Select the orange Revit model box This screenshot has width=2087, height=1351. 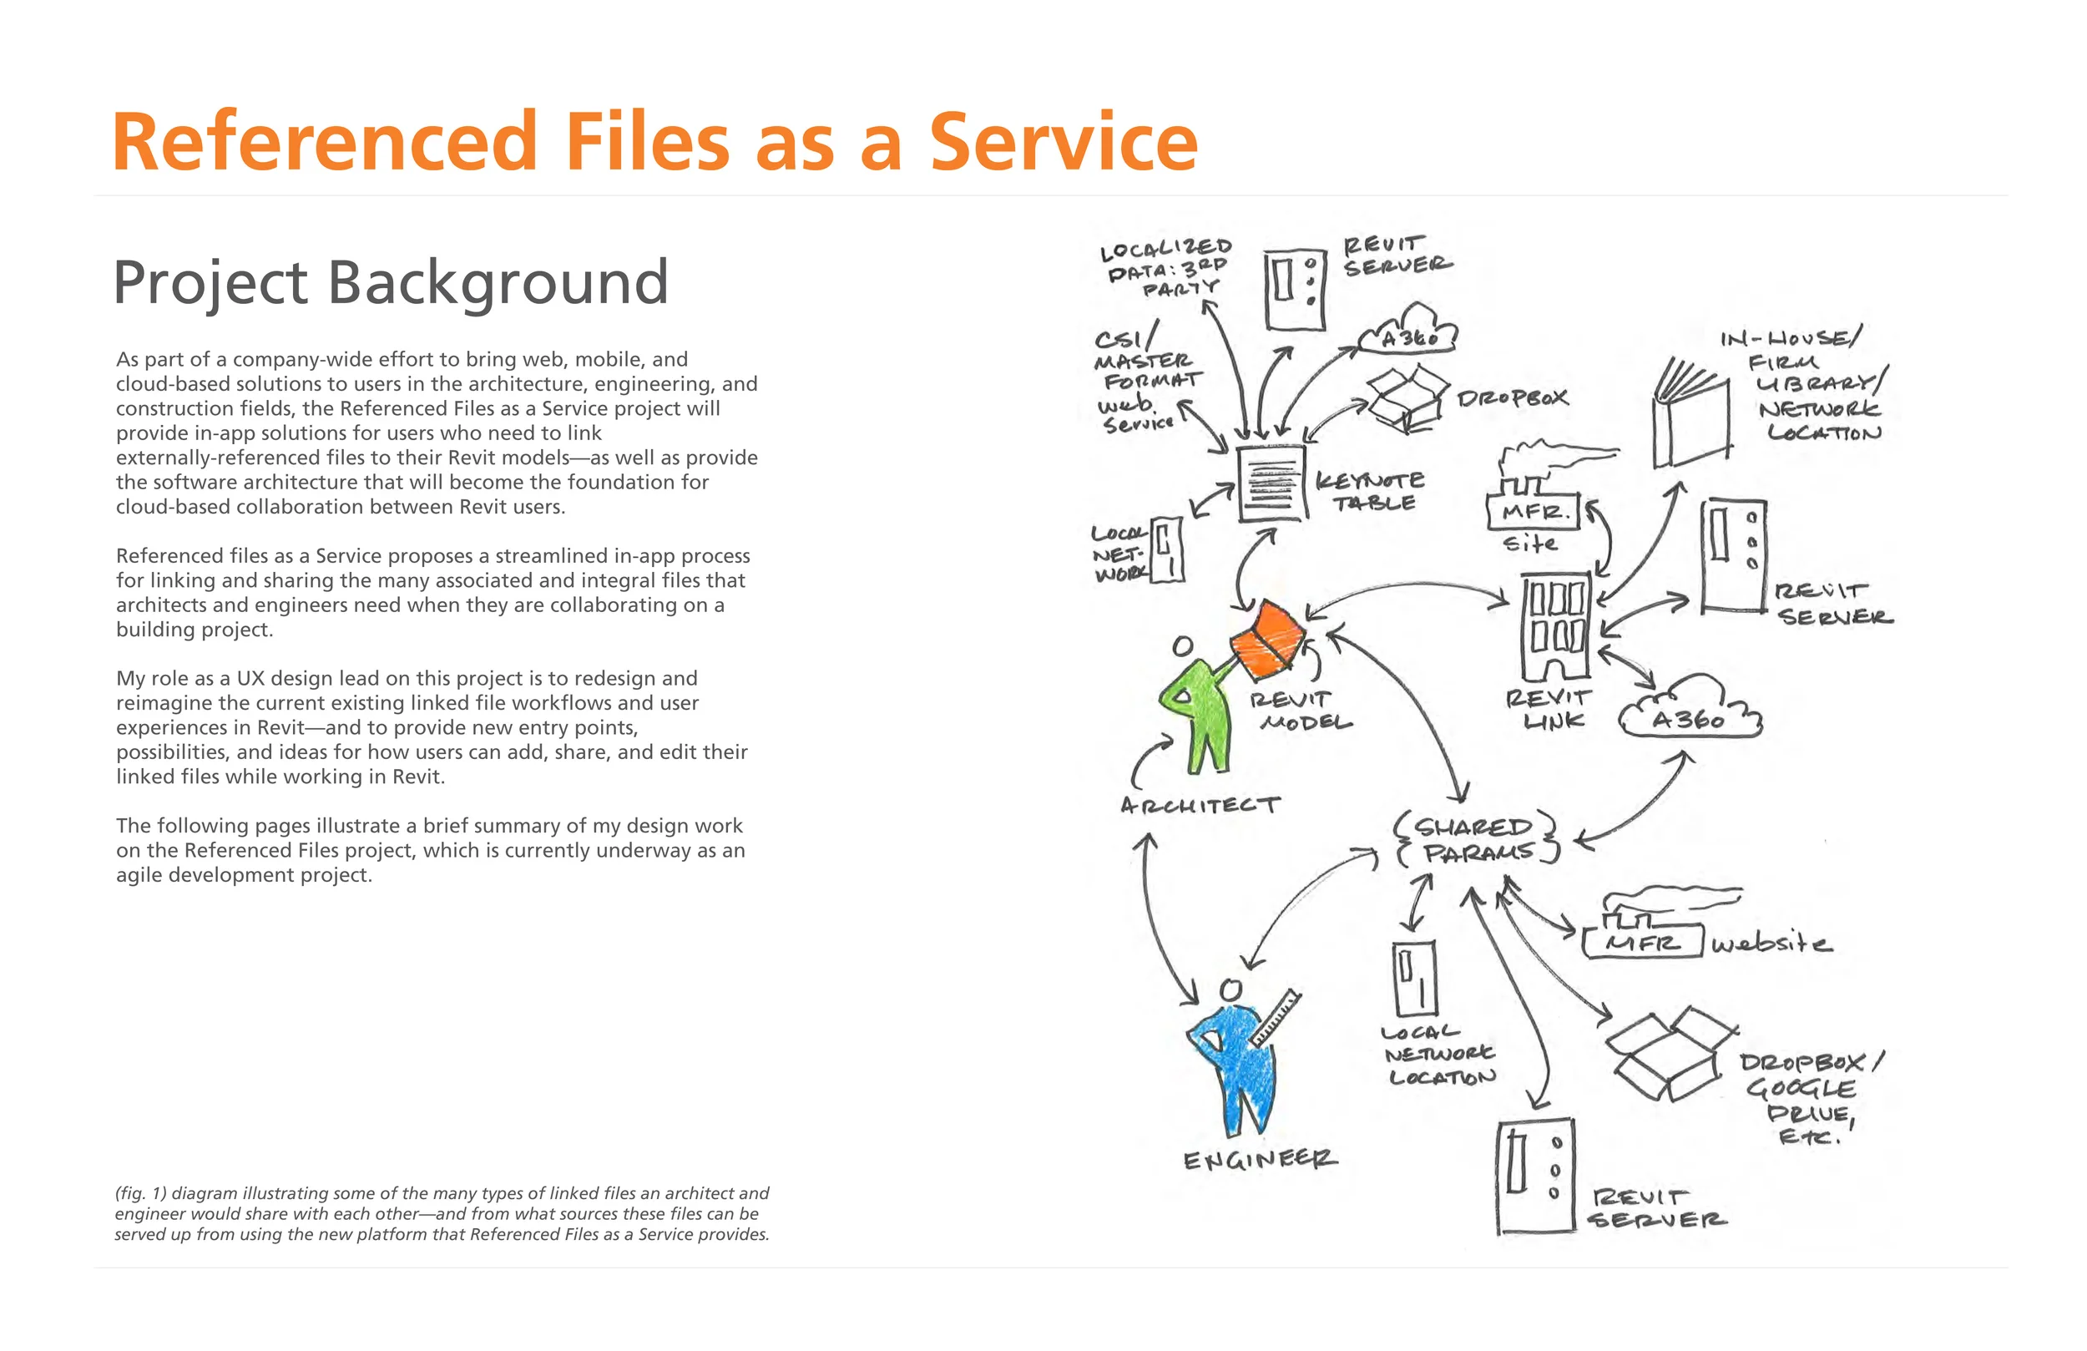pyautogui.click(x=1267, y=641)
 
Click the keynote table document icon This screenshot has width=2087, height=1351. pyautogui.click(x=1271, y=483)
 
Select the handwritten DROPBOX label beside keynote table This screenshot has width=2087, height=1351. pyautogui.click(x=1512, y=398)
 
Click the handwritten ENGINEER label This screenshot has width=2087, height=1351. pyautogui.click(x=1260, y=1160)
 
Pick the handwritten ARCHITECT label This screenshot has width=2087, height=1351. pyautogui.click(x=1200, y=804)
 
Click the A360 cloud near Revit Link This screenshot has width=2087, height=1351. pyautogui.click(x=1689, y=711)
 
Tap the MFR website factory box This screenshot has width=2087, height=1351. pyautogui.click(x=1641, y=939)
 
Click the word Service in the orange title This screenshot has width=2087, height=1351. pyautogui.click(x=1063, y=142)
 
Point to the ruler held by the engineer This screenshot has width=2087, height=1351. pyautogui.click(x=1276, y=1017)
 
